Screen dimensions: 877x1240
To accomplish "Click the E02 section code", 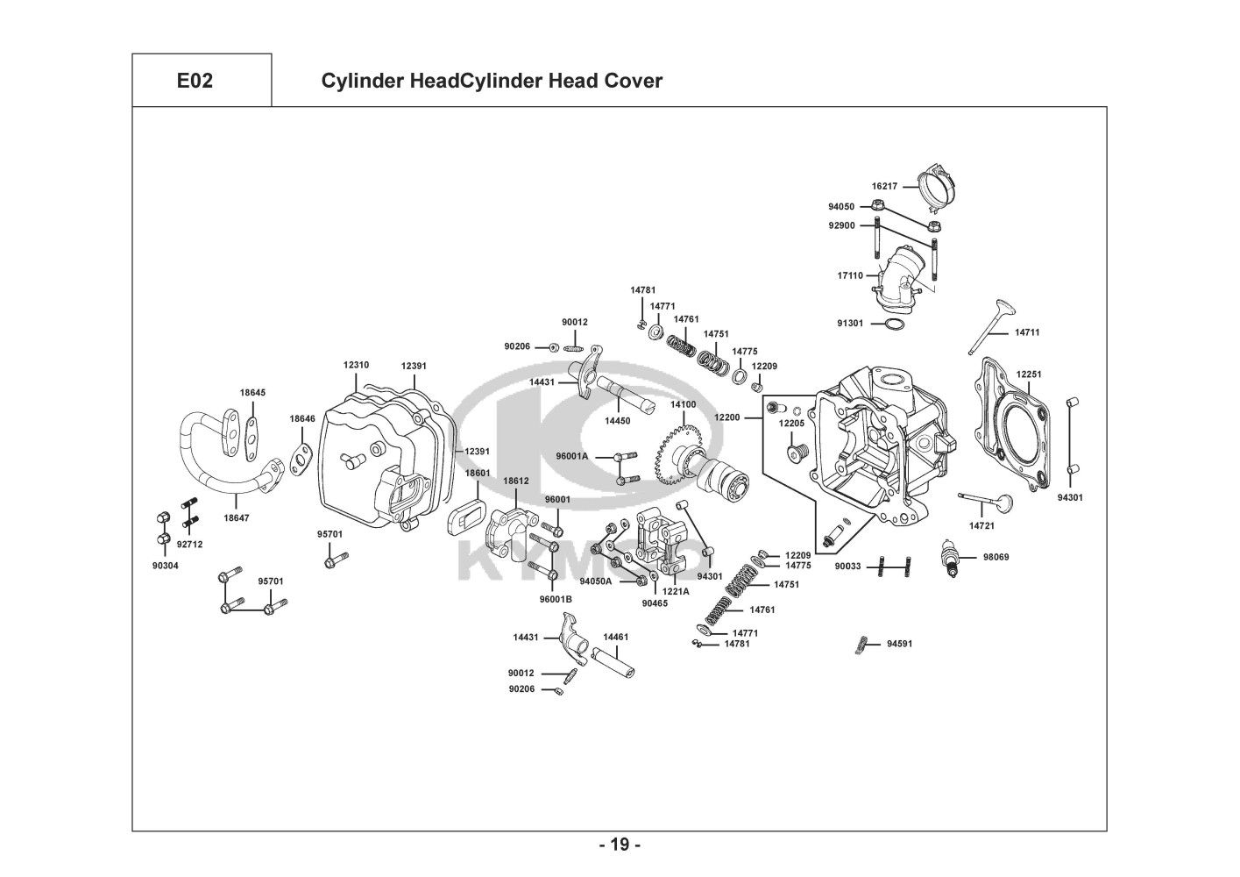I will [195, 82].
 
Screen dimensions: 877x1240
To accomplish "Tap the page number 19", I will [620, 845].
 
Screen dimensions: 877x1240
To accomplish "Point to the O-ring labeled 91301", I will [894, 325].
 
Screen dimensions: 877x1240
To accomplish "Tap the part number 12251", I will [1029, 374].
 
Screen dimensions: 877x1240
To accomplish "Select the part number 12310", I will [356, 366].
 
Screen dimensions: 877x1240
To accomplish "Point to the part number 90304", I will [165, 566].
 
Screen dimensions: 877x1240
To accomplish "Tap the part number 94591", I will [899, 644].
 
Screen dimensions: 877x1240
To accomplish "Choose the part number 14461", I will [615, 638].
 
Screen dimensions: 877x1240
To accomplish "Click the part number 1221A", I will [676, 592].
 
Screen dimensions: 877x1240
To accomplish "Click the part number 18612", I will [516, 481].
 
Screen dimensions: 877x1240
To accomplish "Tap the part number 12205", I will [791, 424].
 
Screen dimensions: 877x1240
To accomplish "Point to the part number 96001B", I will [556, 599].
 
